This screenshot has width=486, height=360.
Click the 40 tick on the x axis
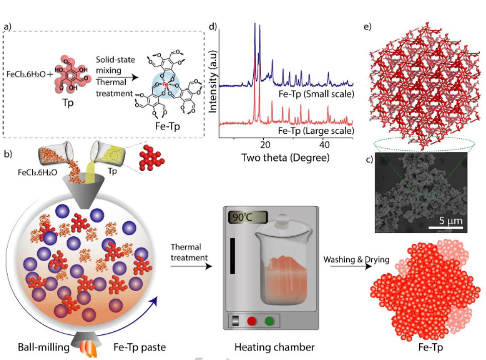(324, 145)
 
